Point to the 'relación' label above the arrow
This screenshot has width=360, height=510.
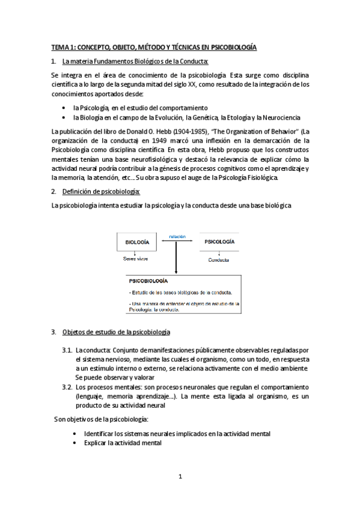coord(177,236)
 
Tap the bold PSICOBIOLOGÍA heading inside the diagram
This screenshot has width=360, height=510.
coord(148,281)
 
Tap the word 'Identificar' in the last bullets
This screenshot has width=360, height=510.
coord(97,433)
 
